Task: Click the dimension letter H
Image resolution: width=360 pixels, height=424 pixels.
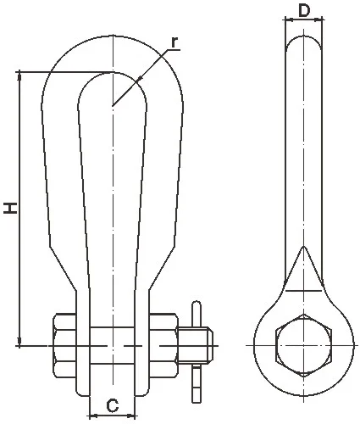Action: [11, 208]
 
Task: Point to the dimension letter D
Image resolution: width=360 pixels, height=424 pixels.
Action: [304, 12]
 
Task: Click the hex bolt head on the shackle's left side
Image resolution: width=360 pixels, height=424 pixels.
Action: [64, 345]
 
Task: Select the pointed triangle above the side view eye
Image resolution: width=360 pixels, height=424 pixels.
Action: [304, 270]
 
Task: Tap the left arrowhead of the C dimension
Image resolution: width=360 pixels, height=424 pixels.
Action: [91, 415]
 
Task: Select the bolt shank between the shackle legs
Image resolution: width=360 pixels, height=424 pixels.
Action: [112, 345]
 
